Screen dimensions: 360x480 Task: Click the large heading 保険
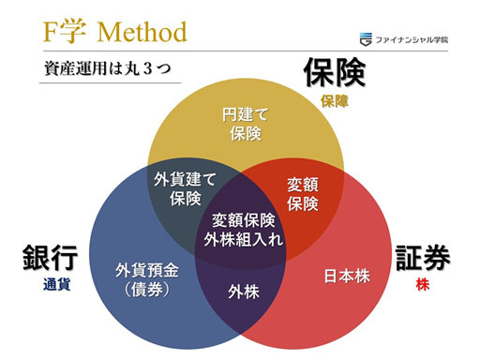point(333,73)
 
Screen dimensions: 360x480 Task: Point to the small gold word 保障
point(333,100)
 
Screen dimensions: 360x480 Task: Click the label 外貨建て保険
point(186,187)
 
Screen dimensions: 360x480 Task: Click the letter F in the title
point(53,32)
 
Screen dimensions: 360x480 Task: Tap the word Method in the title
point(142,32)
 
